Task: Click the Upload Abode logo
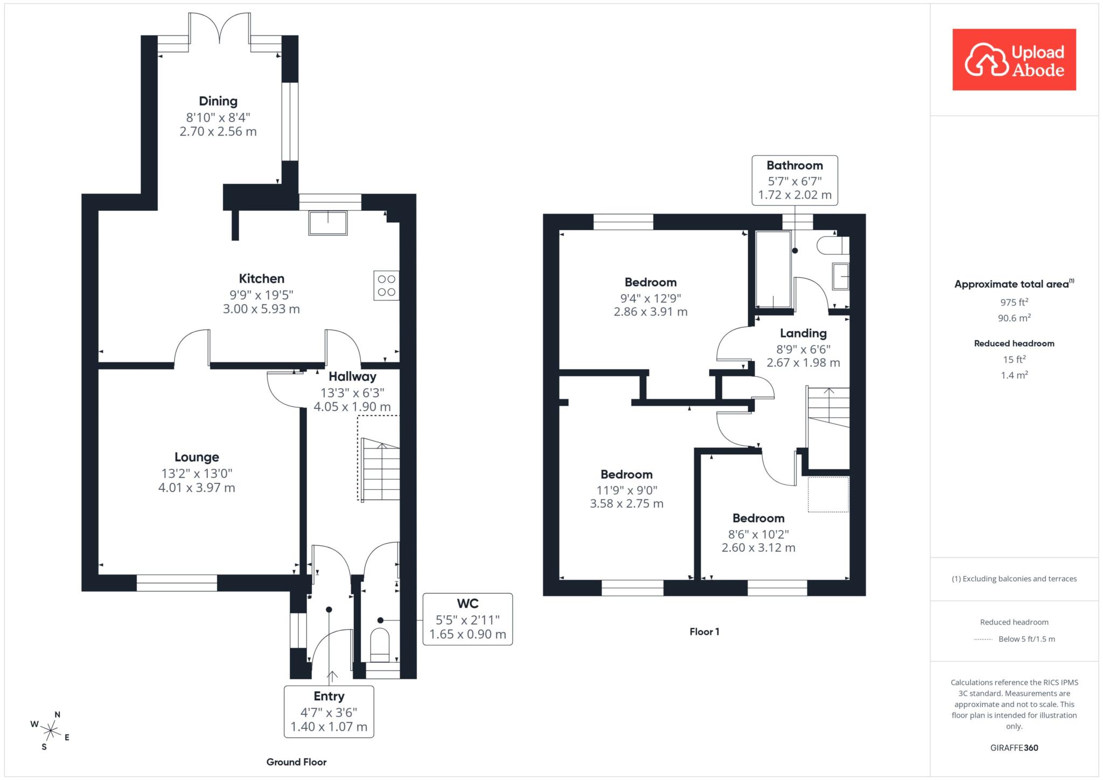tap(1014, 60)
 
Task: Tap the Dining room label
tap(218, 101)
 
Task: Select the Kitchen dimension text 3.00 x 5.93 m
tap(261, 309)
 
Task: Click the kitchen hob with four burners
tap(386, 285)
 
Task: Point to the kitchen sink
tap(328, 223)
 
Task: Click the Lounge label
tap(197, 458)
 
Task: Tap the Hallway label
tap(352, 376)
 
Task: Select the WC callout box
tap(467, 619)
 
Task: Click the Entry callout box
tap(329, 712)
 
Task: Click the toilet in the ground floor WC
tap(380, 644)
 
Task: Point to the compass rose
tap(51, 730)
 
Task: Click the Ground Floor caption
tap(296, 762)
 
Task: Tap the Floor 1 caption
tap(704, 631)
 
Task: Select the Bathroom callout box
tap(795, 180)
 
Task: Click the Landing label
tap(803, 334)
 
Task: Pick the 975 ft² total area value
tap(1014, 302)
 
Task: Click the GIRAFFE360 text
tap(1014, 748)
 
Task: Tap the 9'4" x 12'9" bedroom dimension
tap(651, 298)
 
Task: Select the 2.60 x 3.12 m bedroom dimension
tap(758, 547)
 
